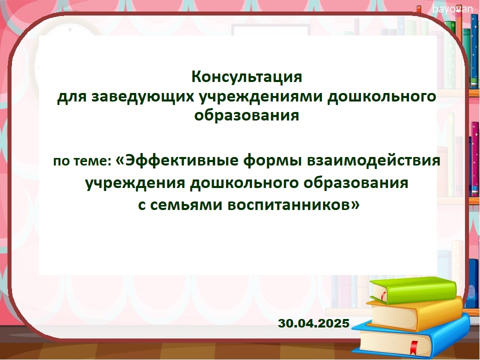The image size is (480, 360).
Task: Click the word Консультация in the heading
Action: pos(246,77)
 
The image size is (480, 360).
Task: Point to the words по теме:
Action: pos(82,161)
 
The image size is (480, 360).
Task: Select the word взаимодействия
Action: pos(374,160)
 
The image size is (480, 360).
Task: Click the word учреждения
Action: pos(135,183)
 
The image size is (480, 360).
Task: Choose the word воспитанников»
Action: pos(293,205)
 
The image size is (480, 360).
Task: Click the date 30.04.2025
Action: pos(314,323)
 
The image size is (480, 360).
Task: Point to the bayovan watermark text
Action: pos(452,9)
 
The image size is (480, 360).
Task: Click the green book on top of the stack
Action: pos(413,289)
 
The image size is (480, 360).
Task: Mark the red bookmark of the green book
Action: pos(383,296)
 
